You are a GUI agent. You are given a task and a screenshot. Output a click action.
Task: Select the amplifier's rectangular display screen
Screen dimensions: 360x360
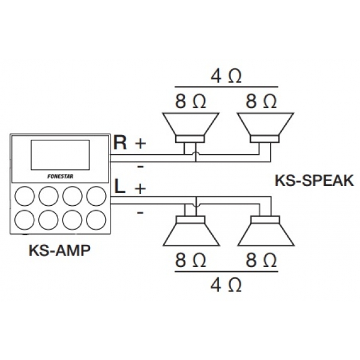(x=59, y=155)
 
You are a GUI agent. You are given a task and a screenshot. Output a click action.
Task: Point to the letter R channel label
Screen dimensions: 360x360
(x=120, y=143)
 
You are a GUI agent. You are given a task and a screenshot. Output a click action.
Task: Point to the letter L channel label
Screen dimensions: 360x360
(x=120, y=187)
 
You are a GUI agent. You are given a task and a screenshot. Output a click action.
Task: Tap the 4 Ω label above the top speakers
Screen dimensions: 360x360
(x=227, y=76)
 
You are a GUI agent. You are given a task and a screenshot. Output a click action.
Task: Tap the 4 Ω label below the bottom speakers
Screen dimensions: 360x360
(x=227, y=284)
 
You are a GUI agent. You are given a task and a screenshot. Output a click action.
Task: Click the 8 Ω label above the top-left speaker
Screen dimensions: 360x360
(x=191, y=100)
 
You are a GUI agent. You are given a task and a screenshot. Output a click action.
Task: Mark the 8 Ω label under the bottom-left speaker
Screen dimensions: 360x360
(x=191, y=260)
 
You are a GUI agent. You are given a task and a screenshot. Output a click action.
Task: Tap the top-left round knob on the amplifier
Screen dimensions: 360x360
(x=25, y=196)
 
